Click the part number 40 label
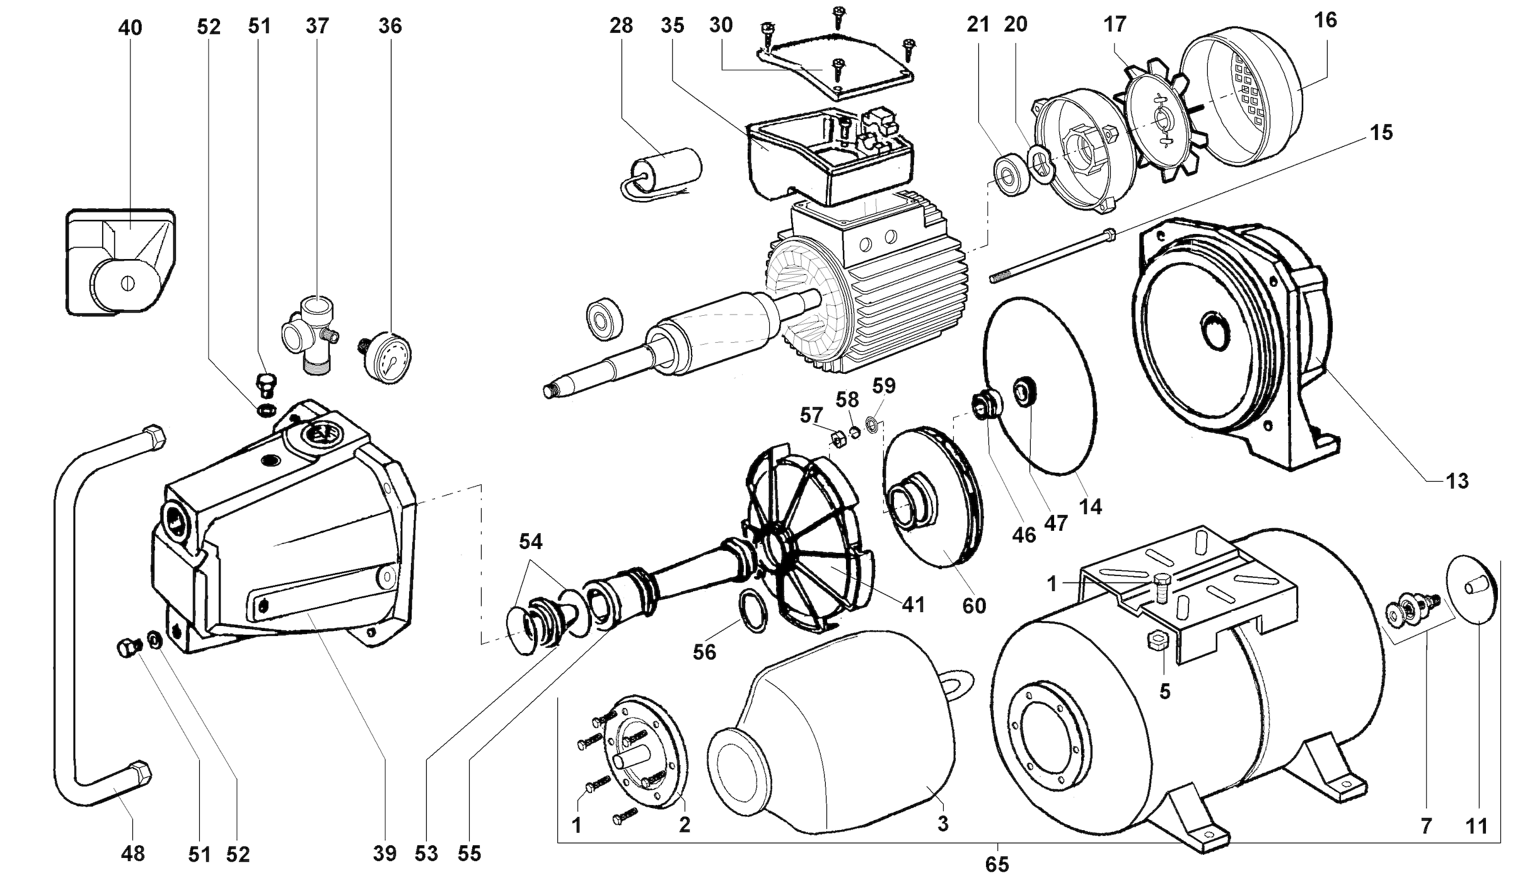pos(130,28)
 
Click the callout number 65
pos(997,864)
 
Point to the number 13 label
pos(1457,481)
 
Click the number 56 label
pos(704,652)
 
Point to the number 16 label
pos(1325,20)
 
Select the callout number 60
pos(973,606)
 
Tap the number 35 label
pos(673,25)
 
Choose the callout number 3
pos(942,823)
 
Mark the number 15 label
pos(1381,132)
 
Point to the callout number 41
pos(913,604)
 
